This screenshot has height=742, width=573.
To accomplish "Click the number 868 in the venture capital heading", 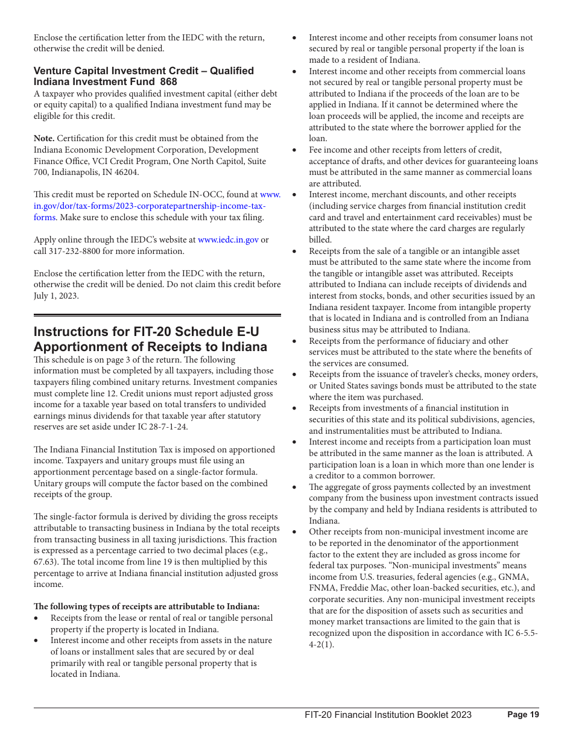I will click(169, 82).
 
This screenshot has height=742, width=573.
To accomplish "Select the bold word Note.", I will click(44, 139).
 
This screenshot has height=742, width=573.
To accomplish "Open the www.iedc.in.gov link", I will click(228, 240).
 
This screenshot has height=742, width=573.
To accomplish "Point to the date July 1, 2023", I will click(56, 296).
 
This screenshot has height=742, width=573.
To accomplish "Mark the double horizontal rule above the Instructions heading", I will click(157, 315).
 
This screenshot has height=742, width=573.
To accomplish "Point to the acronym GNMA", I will click(516, 577).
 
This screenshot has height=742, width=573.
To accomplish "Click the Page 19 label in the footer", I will click(523, 715).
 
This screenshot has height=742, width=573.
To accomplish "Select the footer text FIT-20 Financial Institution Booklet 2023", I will click(388, 715).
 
